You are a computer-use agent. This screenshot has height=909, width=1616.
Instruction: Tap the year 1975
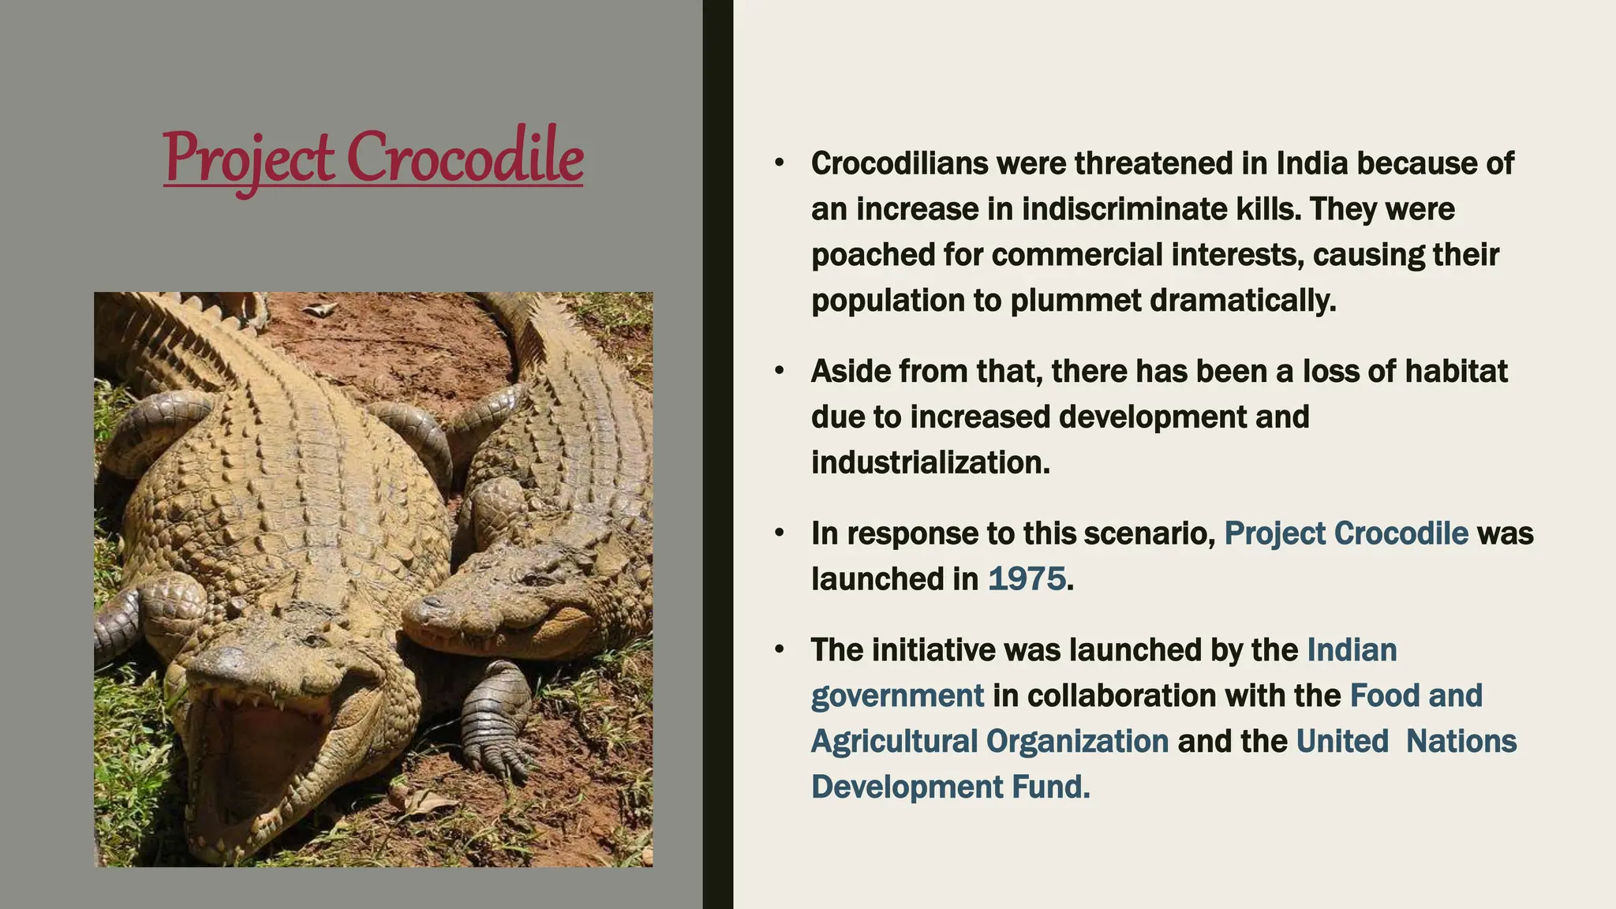tap(1027, 579)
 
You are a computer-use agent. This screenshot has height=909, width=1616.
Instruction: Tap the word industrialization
tap(930, 462)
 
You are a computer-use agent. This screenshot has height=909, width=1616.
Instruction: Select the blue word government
tap(897, 696)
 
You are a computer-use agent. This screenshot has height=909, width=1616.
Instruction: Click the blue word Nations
tap(1461, 742)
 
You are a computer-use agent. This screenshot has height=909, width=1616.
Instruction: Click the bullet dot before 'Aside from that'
tap(780, 371)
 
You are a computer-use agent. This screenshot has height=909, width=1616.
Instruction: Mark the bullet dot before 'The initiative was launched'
tap(780, 650)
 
